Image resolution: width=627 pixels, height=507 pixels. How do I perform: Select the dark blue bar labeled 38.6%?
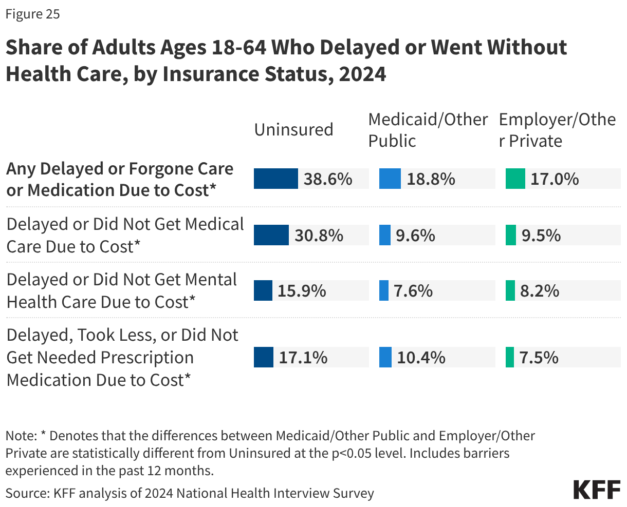coord(275,179)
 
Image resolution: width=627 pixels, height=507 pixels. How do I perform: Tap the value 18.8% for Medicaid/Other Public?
coord(431,179)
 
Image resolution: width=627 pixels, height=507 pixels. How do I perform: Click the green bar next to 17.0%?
coord(515,179)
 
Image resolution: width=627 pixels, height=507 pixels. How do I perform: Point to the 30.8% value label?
coord(319,235)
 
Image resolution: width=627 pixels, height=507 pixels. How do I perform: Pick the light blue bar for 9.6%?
coord(385,235)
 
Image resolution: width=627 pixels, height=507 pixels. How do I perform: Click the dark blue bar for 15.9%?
coord(263,290)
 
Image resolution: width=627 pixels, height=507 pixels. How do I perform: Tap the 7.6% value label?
coord(413,291)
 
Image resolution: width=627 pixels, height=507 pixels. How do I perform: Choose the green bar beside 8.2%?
coord(510,290)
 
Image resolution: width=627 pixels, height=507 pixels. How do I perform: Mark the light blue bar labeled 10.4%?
coord(385,357)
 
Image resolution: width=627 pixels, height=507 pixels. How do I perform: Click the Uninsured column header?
coord(293,129)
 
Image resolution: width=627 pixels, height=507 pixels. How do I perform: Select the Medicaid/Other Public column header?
coord(428,130)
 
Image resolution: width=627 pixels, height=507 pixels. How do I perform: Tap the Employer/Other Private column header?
coord(557,130)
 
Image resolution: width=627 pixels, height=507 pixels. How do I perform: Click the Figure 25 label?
coord(33,14)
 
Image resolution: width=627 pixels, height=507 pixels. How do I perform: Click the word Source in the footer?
coord(26,493)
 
